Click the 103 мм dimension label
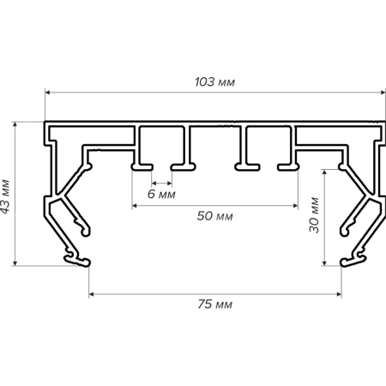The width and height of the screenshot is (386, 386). (214, 82)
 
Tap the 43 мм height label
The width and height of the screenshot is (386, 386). (5, 196)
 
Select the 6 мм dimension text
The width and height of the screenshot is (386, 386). (161, 194)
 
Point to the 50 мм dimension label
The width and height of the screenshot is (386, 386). (214, 216)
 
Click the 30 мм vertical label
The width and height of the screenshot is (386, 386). (314, 215)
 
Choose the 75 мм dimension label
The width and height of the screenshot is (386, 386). (214, 304)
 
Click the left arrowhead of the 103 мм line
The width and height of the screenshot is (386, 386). (48, 93)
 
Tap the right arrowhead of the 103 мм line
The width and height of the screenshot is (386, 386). (383, 93)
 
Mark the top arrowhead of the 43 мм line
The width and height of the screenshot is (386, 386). (15, 124)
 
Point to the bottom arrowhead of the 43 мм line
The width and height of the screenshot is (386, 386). (15, 262)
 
